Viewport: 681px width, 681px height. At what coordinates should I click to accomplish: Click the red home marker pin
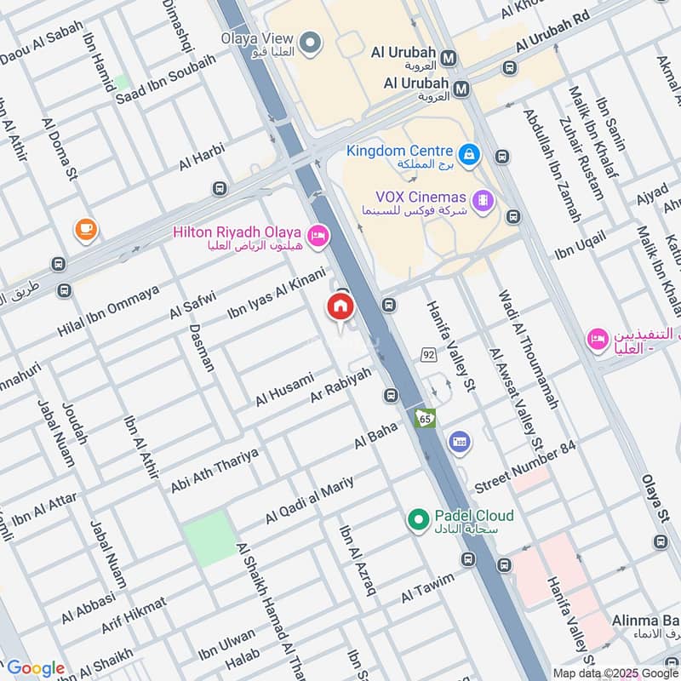(x=340, y=306)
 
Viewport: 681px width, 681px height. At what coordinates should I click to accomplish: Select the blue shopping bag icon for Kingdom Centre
(x=468, y=155)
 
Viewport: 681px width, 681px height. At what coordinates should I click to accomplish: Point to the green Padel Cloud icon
(x=417, y=518)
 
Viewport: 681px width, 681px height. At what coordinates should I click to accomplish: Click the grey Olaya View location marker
(x=311, y=41)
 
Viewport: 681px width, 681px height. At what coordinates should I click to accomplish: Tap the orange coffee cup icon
(x=85, y=228)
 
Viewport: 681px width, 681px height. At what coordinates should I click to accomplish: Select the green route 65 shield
(x=425, y=418)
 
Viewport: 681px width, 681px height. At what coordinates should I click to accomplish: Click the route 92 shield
(x=427, y=352)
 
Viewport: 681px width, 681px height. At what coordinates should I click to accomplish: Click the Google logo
(x=35, y=668)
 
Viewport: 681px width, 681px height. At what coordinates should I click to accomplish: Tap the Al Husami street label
(x=284, y=388)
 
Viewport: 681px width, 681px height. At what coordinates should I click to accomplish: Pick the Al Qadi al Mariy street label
(x=308, y=501)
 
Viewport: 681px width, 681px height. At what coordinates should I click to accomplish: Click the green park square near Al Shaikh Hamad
(x=209, y=539)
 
